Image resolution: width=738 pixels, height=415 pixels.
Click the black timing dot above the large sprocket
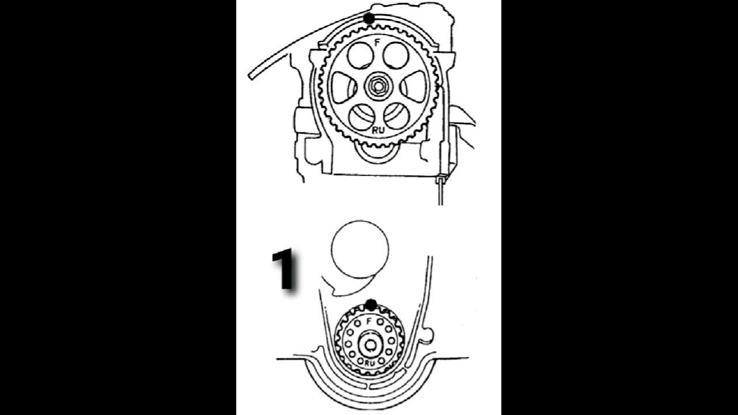(369, 19)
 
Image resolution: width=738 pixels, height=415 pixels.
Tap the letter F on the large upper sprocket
(376, 43)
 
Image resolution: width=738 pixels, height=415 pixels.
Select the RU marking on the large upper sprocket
(376, 130)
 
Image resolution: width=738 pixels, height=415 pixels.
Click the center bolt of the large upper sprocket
(376, 86)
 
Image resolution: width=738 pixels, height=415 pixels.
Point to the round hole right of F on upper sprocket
(395, 55)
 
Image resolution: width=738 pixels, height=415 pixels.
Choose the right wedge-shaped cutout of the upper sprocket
(412, 87)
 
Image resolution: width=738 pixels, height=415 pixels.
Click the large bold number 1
(284, 270)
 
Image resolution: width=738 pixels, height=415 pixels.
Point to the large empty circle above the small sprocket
(359, 248)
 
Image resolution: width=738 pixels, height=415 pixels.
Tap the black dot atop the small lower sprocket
(371, 304)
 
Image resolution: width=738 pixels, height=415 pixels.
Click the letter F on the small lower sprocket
(370, 321)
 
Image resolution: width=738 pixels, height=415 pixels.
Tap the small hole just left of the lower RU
(360, 361)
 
